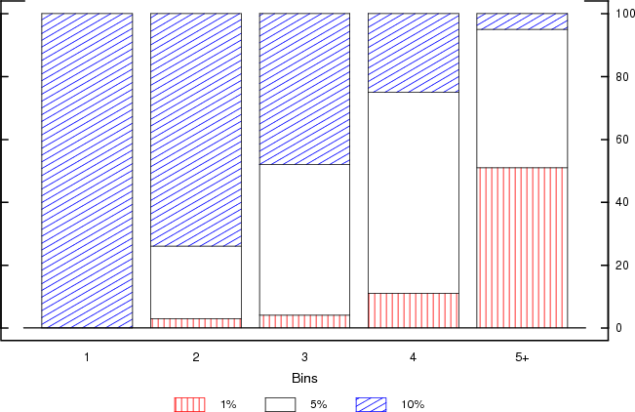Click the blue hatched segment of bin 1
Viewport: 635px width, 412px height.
[87, 170]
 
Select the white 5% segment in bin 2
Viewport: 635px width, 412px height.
[195, 282]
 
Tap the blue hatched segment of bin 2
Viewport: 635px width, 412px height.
[195, 130]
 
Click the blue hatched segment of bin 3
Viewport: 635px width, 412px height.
[304, 89]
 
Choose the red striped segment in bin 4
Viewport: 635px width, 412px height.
[414, 310]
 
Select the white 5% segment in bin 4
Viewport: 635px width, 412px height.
[414, 192]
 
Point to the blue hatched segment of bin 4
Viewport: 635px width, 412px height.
[414, 53]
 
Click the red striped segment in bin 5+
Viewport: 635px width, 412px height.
[522, 247]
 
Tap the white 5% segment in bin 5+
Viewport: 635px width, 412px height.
[522, 99]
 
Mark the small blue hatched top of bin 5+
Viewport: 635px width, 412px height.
[522, 21]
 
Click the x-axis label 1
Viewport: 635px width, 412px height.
[87, 358]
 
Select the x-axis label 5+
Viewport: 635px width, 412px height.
[523, 358]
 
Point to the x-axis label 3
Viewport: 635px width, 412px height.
[304, 358]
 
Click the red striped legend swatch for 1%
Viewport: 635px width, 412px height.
[189, 403]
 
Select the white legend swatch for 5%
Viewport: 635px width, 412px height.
[281, 403]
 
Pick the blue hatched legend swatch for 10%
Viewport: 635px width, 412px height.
[372, 403]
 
